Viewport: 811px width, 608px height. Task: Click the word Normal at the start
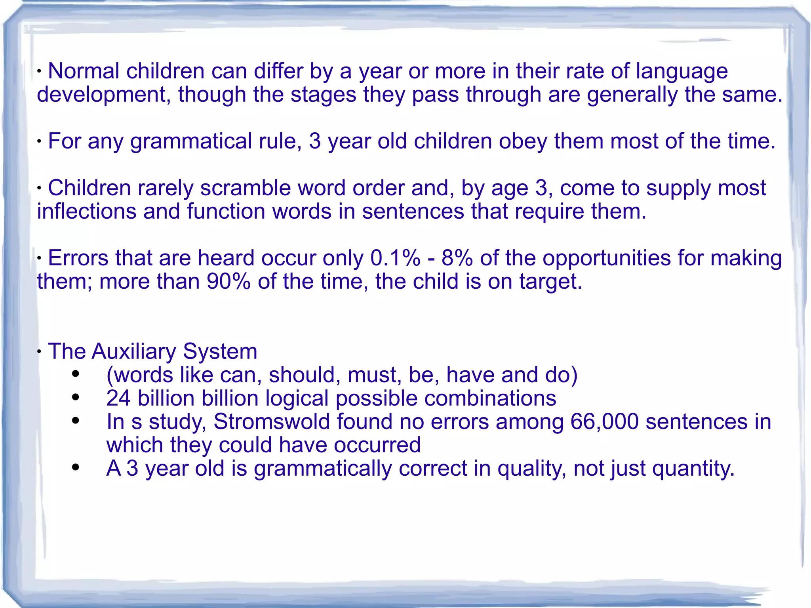(83, 71)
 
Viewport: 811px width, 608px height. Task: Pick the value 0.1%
(395, 258)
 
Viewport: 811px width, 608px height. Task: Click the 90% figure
(229, 282)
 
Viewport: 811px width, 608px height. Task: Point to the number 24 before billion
(118, 398)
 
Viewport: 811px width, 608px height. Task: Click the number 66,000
(605, 421)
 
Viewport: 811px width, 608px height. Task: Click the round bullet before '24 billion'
(76, 397)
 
